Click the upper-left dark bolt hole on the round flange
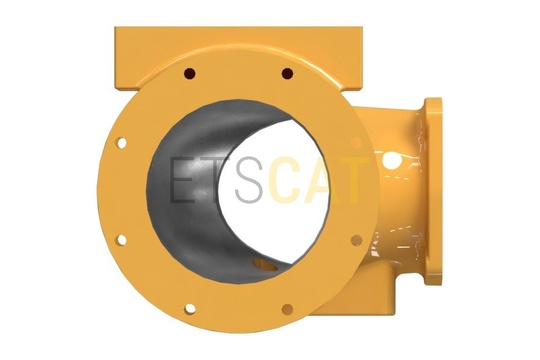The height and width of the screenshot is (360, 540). tap(189, 73)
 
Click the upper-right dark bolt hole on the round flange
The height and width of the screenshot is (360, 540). tap(287, 73)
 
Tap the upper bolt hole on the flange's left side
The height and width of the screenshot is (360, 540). tap(122, 143)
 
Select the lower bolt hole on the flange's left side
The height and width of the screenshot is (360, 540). tap(121, 240)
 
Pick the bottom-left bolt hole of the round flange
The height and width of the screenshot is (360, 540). tap(190, 309)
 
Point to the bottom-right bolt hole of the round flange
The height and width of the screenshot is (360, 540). tap(287, 309)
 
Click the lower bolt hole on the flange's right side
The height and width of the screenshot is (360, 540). tap(356, 240)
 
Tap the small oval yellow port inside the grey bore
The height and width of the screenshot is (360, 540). tap(265, 265)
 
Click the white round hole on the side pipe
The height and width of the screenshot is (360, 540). tap(391, 160)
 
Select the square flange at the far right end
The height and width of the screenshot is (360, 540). tap(433, 191)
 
